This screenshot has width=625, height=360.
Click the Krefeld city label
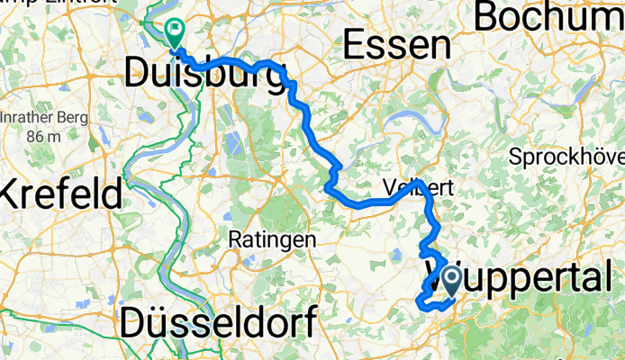(61, 193)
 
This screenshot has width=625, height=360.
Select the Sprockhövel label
(567, 157)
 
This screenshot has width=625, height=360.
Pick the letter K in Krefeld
(13, 193)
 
